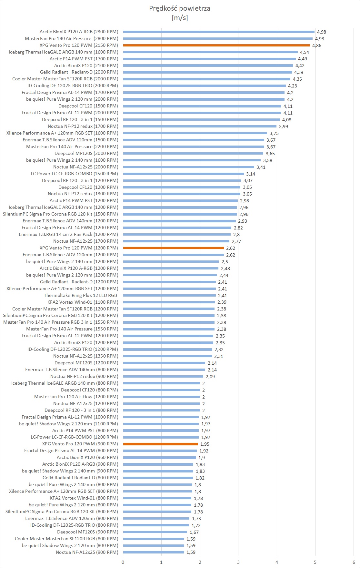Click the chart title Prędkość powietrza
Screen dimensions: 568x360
(180, 8)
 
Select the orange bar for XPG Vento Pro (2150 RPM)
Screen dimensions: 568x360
(216, 46)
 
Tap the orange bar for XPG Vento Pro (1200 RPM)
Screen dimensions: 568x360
(173, 248)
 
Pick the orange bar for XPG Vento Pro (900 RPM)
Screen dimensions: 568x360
(160, 444)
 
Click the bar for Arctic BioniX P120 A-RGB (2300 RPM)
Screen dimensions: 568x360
(218, 32)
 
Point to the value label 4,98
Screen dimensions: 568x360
(321, 32)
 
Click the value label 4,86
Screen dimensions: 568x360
(316, 46)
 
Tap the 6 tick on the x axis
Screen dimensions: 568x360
(354, 562)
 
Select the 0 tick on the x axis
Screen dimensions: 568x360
(123, 562)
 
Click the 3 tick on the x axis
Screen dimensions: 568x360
(238, 562)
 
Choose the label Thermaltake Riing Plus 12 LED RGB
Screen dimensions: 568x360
(80, 295)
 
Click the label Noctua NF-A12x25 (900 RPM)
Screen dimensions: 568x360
(87, 552)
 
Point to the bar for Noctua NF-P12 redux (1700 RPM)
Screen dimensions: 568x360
(200, 127)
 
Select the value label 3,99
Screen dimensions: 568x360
(283, 127)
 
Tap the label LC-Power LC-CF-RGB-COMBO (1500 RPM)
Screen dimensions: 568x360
(74, 174)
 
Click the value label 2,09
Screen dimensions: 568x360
(210, 377)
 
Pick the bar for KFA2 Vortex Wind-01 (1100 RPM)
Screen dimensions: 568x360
(169, 302)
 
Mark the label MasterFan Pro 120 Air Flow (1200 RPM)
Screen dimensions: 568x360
(76, 397)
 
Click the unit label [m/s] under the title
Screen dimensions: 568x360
(180, 17)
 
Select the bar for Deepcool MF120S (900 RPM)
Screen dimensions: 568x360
(155, 532)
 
